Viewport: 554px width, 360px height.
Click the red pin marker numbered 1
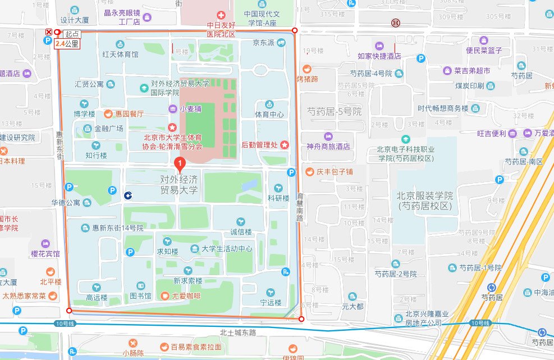tap(180, 165)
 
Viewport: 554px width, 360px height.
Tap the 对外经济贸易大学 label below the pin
tap(179, 185)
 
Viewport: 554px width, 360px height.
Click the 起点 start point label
tap(71, 34)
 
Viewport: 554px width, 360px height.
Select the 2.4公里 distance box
tap(67, 43)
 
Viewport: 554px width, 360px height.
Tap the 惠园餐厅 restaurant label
tap(129, 113)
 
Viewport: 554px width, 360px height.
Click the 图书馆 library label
tap(140, 295)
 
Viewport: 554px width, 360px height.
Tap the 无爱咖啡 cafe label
tap(185, 295)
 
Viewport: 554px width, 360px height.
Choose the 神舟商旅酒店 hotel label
tap(328, 145)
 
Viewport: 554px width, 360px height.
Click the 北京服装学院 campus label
tap(424, 201)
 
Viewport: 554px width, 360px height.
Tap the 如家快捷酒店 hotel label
tap(379, 56)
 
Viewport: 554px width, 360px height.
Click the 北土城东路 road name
tap(238, 332)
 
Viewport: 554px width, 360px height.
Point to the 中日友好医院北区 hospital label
tap(221, 30)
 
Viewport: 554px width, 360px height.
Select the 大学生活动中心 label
tap(227, 249)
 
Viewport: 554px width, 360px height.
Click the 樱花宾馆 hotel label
tap(45, 253)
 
